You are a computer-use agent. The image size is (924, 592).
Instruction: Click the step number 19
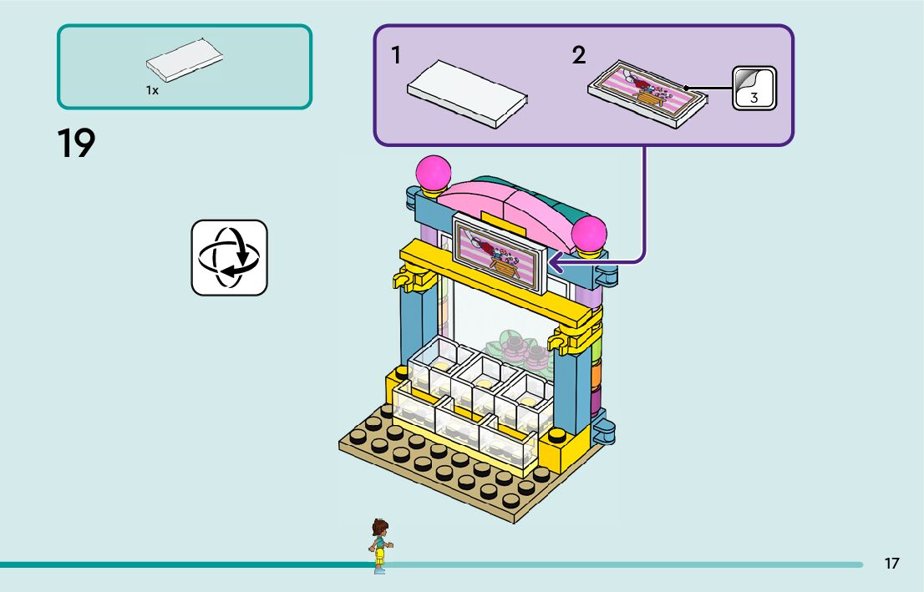click(x=77, y=144)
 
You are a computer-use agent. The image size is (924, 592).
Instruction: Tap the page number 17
click(x=891, y=564)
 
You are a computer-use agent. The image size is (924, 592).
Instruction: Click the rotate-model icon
click(x=229, y=257)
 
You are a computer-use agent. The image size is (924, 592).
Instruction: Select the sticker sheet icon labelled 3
click(x=754, y=89)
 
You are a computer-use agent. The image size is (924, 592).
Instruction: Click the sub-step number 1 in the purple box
click(x=396, y=56)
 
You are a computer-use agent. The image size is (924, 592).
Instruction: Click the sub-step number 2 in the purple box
click(x=579, y=56)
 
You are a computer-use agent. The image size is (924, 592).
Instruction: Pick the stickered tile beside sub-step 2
click(x=647, y=93)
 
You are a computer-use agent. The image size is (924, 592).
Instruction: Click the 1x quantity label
click(x=152, y=90)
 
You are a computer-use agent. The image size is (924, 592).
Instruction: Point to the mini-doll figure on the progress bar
click(x=380, y=545)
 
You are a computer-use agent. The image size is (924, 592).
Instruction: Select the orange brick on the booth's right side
click(x=596, y=374)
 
